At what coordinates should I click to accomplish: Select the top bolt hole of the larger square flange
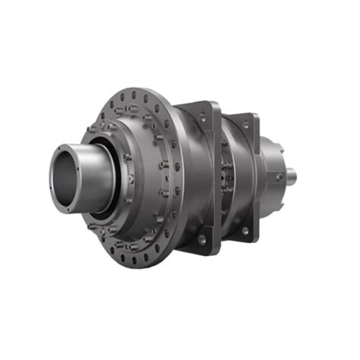(202, 116)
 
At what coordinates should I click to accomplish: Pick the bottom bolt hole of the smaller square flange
(245, 229)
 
